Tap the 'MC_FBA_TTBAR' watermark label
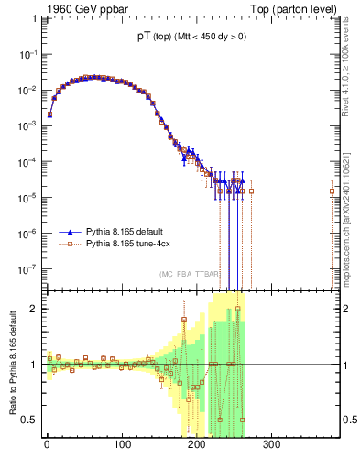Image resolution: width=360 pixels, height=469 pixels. [x=190, y=274]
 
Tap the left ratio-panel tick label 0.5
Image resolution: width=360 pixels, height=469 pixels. [x=30, y=420]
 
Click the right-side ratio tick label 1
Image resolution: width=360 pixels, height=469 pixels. [x=343, y=365]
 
